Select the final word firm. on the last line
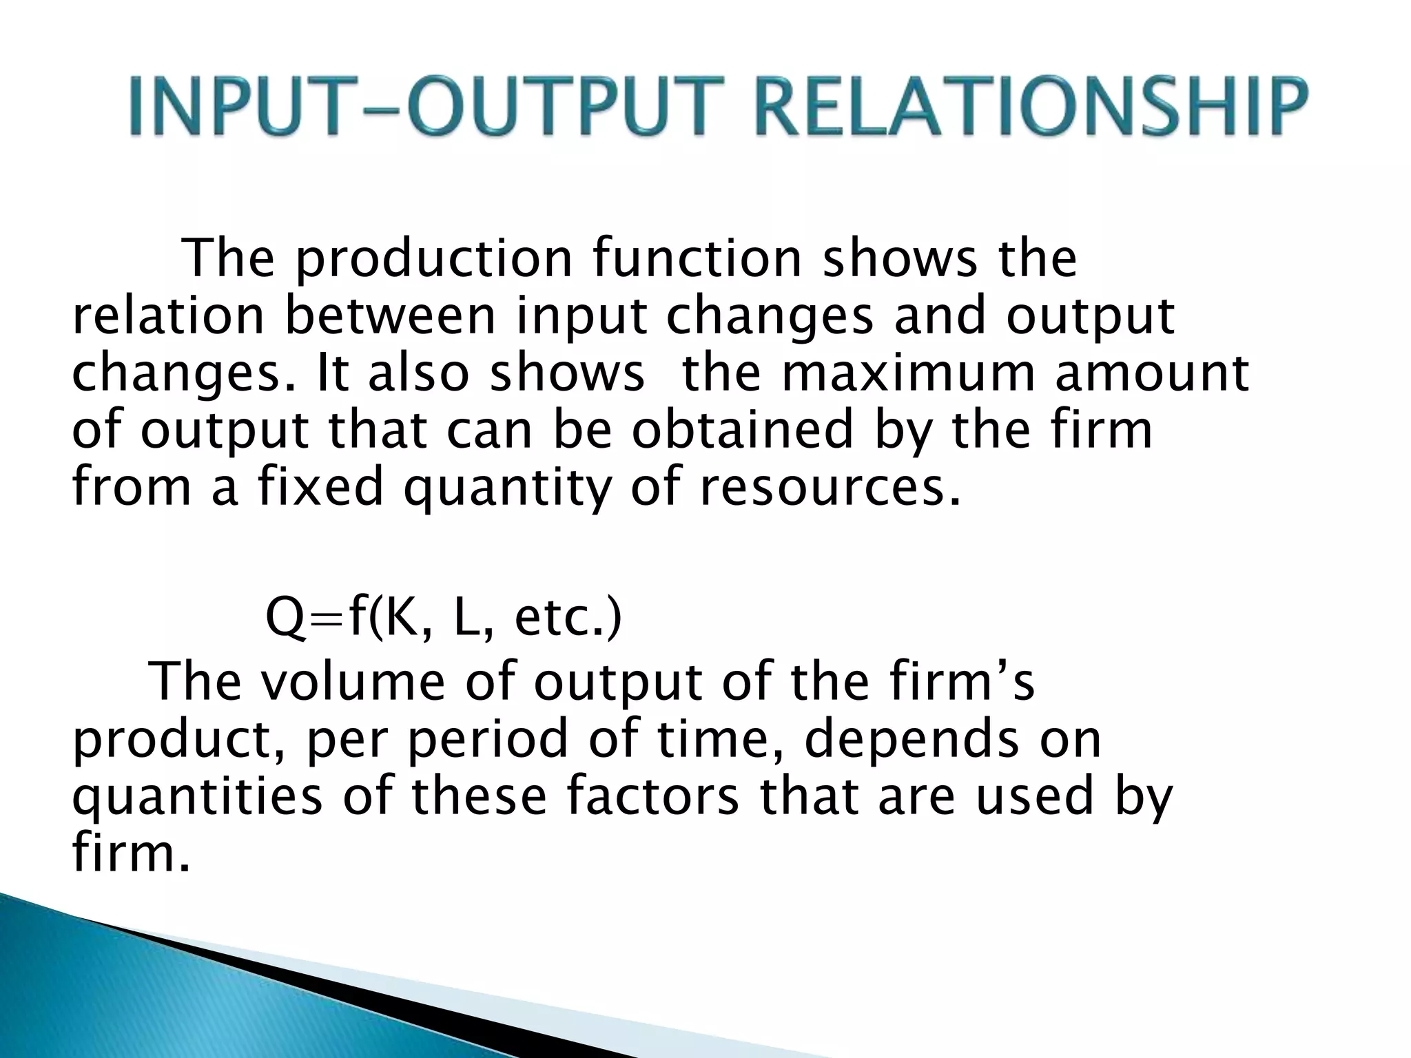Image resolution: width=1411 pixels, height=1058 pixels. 130,853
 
